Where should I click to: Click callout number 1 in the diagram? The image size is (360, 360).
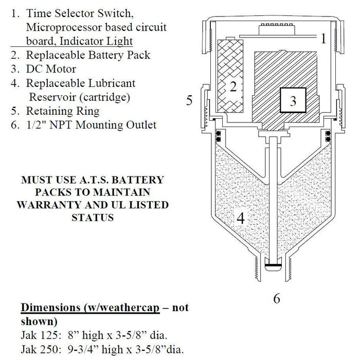[x=323, y=38]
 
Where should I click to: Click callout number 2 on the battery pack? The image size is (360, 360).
[x=233, y=86]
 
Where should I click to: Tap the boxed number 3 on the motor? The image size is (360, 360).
[x=293, y=101]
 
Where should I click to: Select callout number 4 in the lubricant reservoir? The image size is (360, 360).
[x=241, y=219]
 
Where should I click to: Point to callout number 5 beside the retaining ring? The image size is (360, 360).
[x=189, y=100]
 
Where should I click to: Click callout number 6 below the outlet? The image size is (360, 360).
[x=276, y=299]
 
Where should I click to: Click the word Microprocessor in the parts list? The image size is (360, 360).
[x=61, y=28]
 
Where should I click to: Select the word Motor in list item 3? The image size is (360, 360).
[x=61, y=69]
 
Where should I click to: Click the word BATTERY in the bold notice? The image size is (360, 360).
[x=135, y=181]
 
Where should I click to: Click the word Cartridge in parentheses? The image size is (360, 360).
[x=106, y=97]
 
